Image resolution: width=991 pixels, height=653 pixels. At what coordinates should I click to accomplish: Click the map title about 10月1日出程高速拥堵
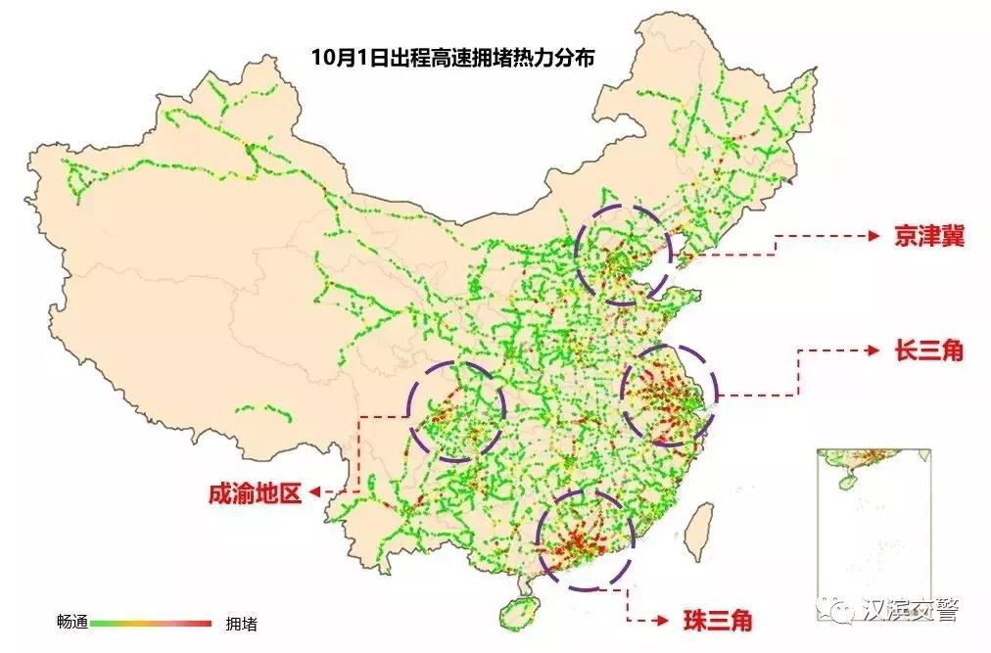[452, 57]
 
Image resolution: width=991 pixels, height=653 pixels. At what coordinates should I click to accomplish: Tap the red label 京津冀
[928, 237]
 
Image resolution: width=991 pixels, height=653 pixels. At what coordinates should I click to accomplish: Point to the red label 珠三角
[719, 621]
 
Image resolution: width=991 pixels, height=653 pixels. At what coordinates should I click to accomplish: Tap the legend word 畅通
[72, 622]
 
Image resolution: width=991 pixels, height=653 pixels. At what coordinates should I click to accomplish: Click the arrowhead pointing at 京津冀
[874, 236]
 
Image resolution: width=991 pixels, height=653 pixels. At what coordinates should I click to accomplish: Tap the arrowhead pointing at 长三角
[874, 350]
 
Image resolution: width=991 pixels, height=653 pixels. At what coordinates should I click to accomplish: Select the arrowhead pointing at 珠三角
[662, 621]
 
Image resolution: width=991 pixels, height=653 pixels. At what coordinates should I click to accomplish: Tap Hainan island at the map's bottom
[516, 614]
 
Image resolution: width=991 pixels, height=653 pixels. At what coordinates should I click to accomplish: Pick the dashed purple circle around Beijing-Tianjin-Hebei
[625, 255]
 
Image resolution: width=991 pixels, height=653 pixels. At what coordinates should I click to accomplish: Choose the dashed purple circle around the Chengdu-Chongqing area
[457, 411]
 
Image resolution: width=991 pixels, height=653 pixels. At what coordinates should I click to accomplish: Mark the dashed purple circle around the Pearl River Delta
[587, 538]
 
